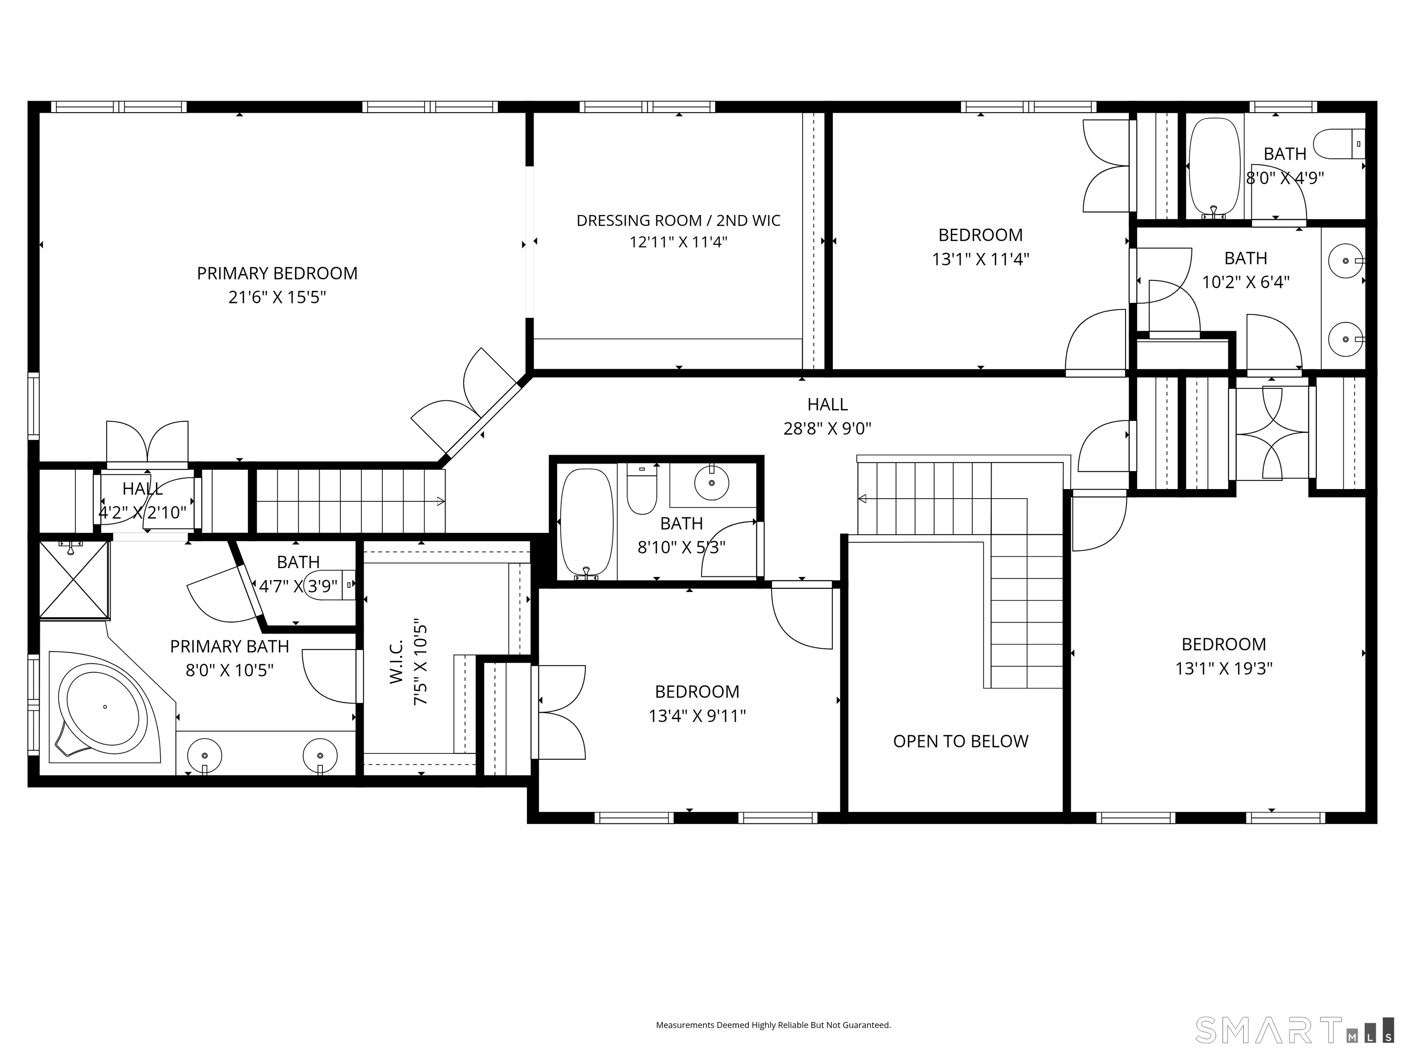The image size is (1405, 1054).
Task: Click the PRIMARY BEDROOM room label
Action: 277,273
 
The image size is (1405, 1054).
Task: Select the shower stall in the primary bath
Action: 74,580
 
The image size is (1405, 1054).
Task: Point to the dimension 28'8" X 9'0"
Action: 827,428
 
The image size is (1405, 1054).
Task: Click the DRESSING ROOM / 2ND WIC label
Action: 678,220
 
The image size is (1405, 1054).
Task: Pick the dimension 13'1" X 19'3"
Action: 1223,668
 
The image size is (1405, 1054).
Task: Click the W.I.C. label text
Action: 397,661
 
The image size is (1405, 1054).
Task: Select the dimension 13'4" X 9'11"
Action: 697,716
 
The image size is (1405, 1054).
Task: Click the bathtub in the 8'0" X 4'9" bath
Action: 1214,167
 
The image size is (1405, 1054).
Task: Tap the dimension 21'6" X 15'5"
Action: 277,297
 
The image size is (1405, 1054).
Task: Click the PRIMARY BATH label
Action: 229,646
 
